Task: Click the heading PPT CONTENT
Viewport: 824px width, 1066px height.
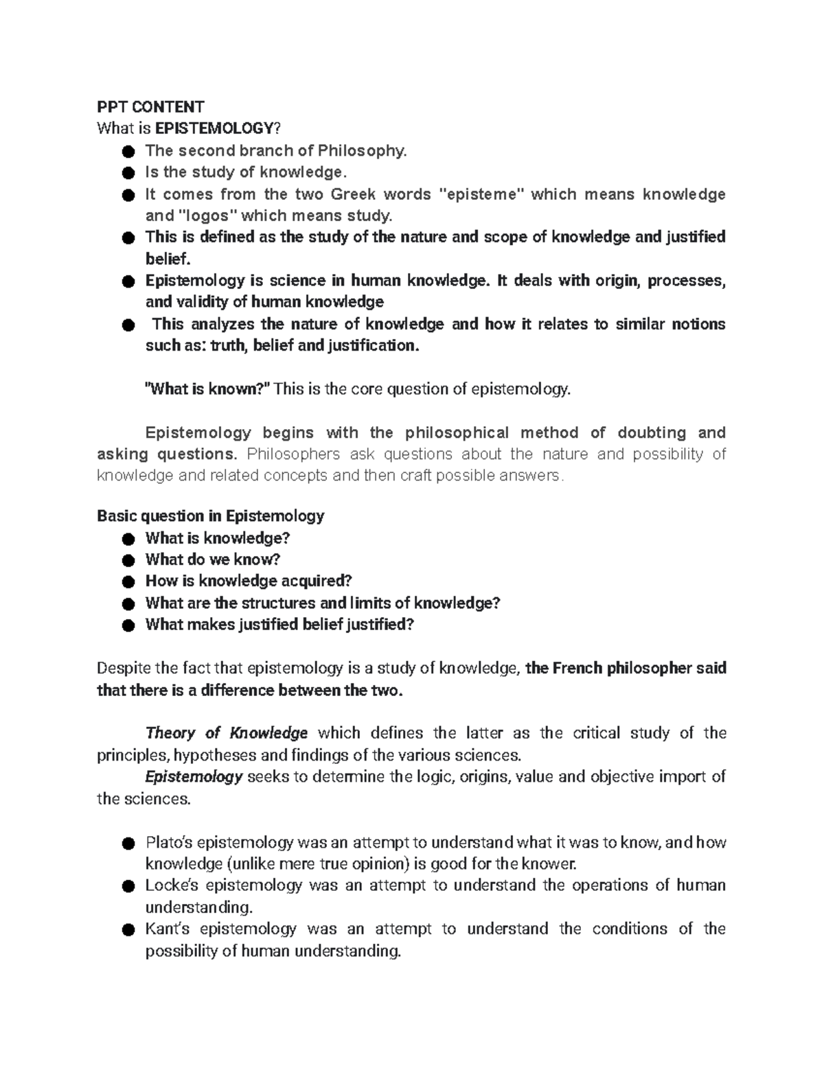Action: click(x=150, y=106)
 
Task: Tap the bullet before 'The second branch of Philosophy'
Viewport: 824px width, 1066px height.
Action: click(x=127, y=151)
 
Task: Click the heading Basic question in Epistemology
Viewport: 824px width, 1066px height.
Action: click(x=210, y=515)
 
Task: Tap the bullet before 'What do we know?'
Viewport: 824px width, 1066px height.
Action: click(x=127, y=560)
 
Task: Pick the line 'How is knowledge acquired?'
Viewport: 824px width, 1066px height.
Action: click(x=248, y=581)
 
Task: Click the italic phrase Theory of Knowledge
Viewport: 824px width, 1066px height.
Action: click(x=227, y=733)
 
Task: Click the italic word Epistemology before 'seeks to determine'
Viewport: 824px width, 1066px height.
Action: click(x=194, y=776)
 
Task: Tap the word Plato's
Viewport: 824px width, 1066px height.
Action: click(x=168, y=842)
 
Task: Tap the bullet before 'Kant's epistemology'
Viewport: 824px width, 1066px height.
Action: click(x=127, y=929)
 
